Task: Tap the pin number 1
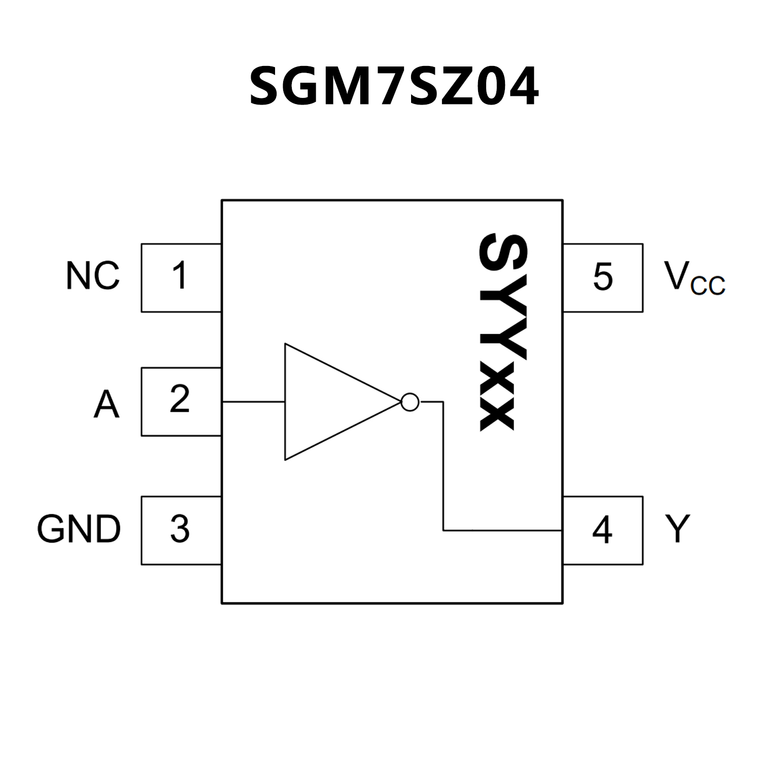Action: (179, 276)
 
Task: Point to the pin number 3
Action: (180, 529)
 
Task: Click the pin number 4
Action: (602, 530)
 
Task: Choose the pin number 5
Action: (603, 277)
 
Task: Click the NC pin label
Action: (92, 276)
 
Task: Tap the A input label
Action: (106, 404)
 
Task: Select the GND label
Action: (79, 529)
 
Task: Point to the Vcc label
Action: (694, 278)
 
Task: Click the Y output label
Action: (678, 528)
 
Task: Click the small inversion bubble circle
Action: (410, 402)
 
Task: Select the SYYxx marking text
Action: (502, 332)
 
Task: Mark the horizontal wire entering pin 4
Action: (502, 531)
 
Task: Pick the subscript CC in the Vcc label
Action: (708, 286)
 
